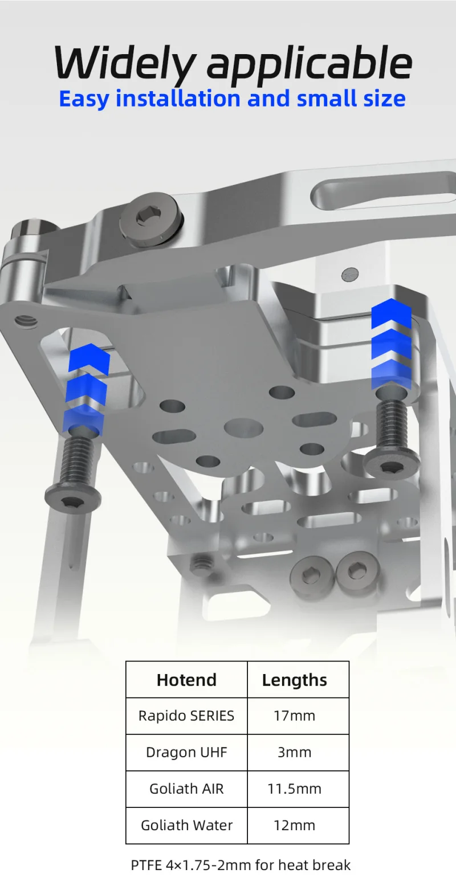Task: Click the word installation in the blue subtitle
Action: click(178, 98)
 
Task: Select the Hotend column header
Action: click(186, 680)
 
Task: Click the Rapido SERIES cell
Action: click(186, 716)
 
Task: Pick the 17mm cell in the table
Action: click(295, 716)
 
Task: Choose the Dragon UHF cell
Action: click(186, 753)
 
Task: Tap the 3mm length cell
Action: click(295, 752)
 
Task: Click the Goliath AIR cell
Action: click(186, 789)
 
